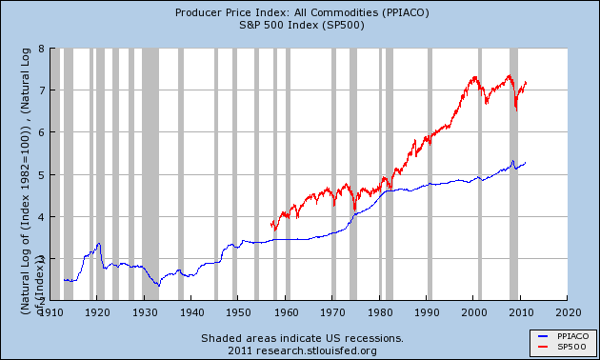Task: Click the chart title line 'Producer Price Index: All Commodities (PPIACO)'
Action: pyautogui.click(x=300, y=12)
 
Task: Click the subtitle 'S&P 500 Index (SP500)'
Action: pyautogui.click(x=300, y=25)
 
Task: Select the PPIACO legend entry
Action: pyautogui.click(x=563, y=336)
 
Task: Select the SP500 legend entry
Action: pyautogui.click(x=561, y=347)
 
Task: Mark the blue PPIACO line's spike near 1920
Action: pyautogui.click(x=98, y=244)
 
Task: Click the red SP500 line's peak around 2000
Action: pyautogui.click(x=474, y=77)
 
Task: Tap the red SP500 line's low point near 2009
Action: pyautogui.click(x=516, y=110)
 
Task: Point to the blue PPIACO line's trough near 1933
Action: pyautogui.click(x=157, y=285)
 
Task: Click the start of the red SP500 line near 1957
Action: pyautogui.click(x=271, y=225)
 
